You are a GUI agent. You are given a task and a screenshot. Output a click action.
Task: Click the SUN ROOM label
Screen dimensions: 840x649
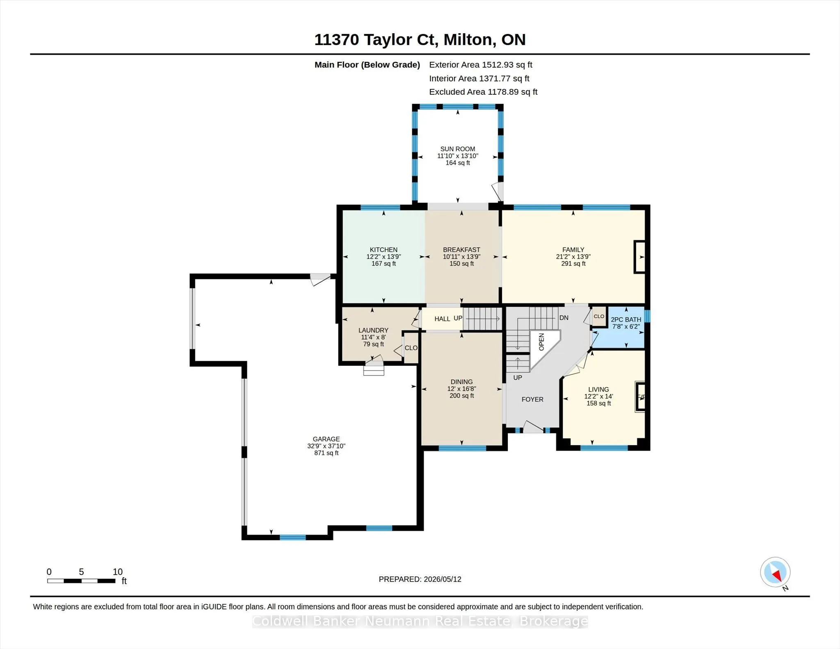pos(458,149)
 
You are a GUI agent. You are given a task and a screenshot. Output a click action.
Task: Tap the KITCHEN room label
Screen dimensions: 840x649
pos(383,250)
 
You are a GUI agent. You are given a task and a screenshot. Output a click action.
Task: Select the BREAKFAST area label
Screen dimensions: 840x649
pos(461,250)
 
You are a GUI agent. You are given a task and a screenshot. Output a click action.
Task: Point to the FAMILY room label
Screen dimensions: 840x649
pos(573,250)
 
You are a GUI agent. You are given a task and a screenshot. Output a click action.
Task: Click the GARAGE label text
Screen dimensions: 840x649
pos(326,439)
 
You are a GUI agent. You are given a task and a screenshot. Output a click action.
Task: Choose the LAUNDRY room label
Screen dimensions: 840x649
pos(373,330)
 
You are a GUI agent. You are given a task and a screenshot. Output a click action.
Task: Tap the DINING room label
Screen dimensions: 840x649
pos(461,382)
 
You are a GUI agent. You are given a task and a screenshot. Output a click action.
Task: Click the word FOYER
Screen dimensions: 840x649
pos(532,399)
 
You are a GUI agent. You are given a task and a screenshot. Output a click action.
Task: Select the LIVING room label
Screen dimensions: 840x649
pos(598,389)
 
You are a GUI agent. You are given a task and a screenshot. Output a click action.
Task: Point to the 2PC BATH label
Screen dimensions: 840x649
pos(626,320)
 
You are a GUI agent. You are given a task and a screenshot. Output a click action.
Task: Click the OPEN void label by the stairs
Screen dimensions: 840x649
pos(541,342)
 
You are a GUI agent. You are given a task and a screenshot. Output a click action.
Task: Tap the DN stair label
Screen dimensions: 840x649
pos(564,318)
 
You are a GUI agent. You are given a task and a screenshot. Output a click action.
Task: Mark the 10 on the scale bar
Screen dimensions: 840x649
pos(118,572)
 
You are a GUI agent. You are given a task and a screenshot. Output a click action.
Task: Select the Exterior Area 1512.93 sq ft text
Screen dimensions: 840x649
pos(481,65)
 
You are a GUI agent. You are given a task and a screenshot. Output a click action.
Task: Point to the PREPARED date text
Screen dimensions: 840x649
pos(420,579)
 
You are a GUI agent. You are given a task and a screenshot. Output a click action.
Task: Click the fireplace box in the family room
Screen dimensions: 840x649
pos(639,257)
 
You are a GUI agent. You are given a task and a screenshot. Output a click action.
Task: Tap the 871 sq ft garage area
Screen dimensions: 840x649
pos(326,453)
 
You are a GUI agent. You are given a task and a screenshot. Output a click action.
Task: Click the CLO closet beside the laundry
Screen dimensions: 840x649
pos(411,348)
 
